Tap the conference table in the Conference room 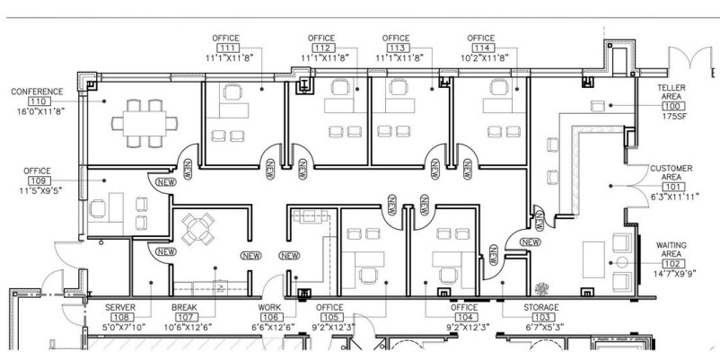[145, 124]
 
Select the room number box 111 [228, 48]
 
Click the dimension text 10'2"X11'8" [485, 57]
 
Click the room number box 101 [673, 188]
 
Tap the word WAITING [671, 246]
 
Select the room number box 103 [543, 317]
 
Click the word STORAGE [541, 307]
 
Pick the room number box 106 [271, 317]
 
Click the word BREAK [184, 307]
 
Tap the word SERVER [120, 307]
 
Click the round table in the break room [198, 229]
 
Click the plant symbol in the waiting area [542, 289]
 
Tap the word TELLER [672, 87]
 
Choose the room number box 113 [398, 48]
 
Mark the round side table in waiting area [622, 263]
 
